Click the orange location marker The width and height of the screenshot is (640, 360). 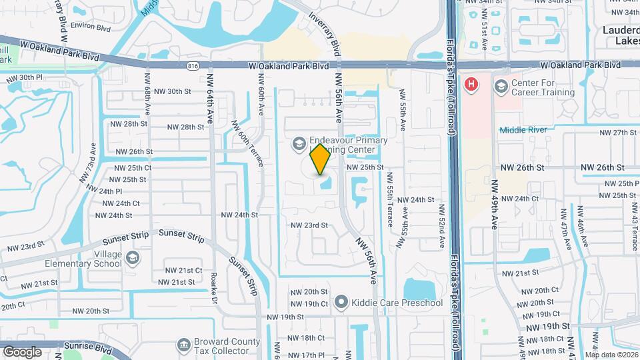click(x=321, y=159)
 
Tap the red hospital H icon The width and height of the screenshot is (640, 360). click(x=471, y=85)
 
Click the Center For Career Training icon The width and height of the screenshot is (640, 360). click(x=501, y=85)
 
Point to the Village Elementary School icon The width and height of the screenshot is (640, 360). click(x=133, y=258)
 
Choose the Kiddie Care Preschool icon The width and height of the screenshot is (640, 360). click(x=342, y=303)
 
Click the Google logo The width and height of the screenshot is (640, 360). click(x=22, y=351)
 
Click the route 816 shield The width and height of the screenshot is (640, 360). click(x=193, y=66)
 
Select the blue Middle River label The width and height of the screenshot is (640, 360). click(x=523, y=129)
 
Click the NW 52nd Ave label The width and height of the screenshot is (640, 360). click(x=441, y=227)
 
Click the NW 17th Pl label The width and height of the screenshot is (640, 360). click(x=307, y=355)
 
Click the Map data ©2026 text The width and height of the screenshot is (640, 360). click(x=611, y=355)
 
